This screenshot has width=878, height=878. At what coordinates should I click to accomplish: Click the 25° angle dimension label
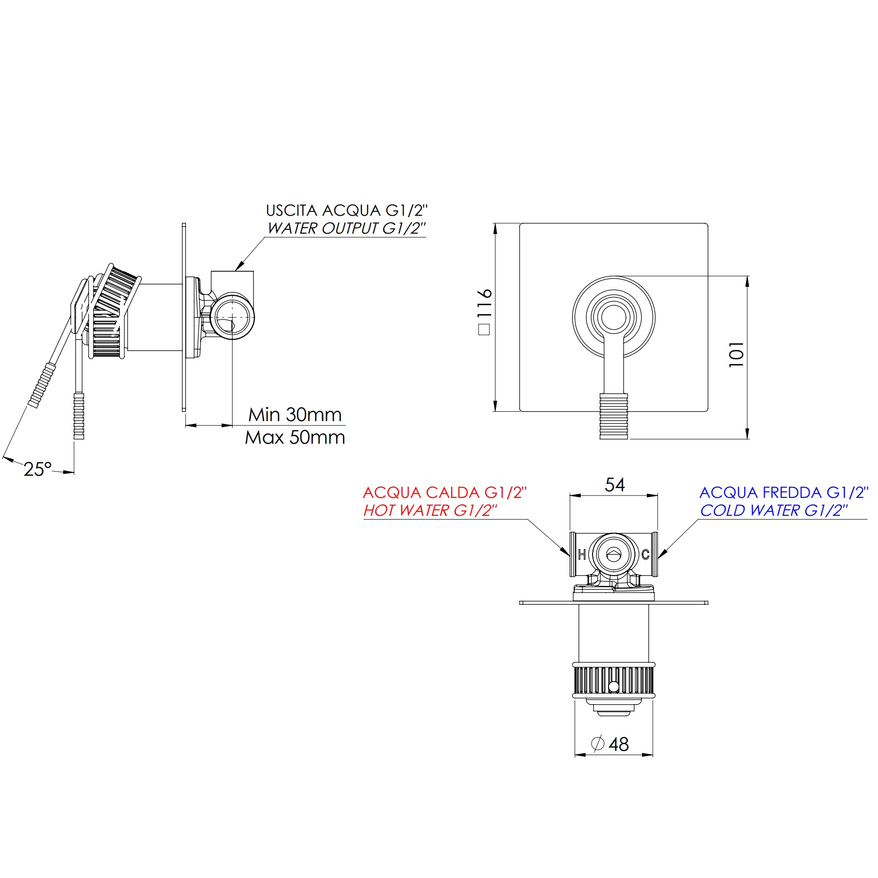coord(37,469)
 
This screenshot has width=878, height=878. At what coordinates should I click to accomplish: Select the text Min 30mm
coord(295,415)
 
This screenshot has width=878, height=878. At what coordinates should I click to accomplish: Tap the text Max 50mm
coord(295,438)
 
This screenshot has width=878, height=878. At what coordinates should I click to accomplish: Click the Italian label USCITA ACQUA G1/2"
coord(347,211)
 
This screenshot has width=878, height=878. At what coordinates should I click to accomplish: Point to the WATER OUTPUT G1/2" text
coord(346,228)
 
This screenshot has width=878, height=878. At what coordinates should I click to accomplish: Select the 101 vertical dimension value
coord(736,354)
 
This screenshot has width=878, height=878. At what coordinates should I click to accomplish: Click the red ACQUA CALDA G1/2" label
coord(445,493)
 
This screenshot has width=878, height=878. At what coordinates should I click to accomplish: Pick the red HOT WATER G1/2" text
coord(430,511)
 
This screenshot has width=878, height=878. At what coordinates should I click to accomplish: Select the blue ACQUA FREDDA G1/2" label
coord(784,493)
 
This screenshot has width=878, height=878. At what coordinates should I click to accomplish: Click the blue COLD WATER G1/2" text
coord(773,511)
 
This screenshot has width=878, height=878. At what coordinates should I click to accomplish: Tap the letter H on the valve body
coord(582,555)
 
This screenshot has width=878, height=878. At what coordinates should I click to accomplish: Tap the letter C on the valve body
coord(645,555)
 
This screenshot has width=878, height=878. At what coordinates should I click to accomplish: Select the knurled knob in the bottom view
coord(613,681)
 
